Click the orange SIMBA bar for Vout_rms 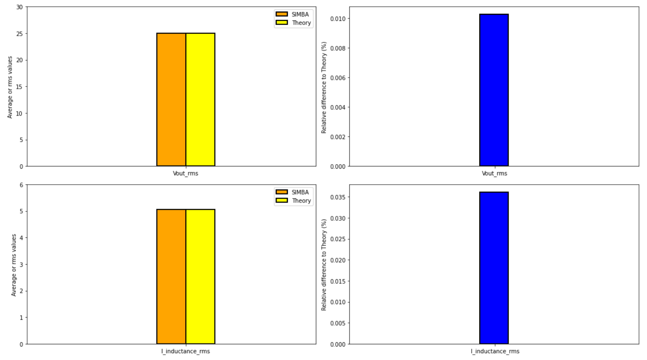coord(171,99)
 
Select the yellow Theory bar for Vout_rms coord(200,99)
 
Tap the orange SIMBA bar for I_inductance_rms coord(171,277)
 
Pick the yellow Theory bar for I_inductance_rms coord(200,277)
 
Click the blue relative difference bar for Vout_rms coord(494,90)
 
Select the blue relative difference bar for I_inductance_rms coord(494,268)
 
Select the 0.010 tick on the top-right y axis coord(337,19)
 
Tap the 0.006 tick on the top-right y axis coord(337,78)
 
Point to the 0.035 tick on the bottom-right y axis coord(337,197)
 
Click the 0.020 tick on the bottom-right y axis coord(337,260)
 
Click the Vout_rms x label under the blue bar coord(494,174)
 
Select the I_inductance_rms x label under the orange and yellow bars coord(186,351)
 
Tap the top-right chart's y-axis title coord(324,87)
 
